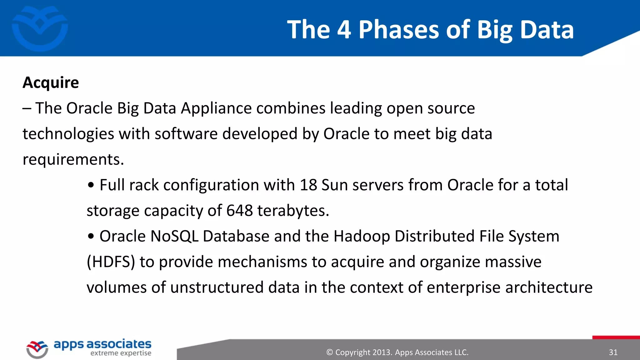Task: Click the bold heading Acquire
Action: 51,83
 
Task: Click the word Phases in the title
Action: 399,30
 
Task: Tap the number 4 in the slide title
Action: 344,30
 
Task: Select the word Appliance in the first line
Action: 216,108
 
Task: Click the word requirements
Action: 73,160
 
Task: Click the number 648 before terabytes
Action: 239,211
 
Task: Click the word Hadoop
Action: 362,236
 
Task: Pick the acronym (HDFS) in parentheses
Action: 111,262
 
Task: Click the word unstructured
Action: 217,287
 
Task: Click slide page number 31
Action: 613,352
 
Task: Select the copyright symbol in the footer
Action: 329,352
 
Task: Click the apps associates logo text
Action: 102,344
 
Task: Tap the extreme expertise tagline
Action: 121,353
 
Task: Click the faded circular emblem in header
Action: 40,28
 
